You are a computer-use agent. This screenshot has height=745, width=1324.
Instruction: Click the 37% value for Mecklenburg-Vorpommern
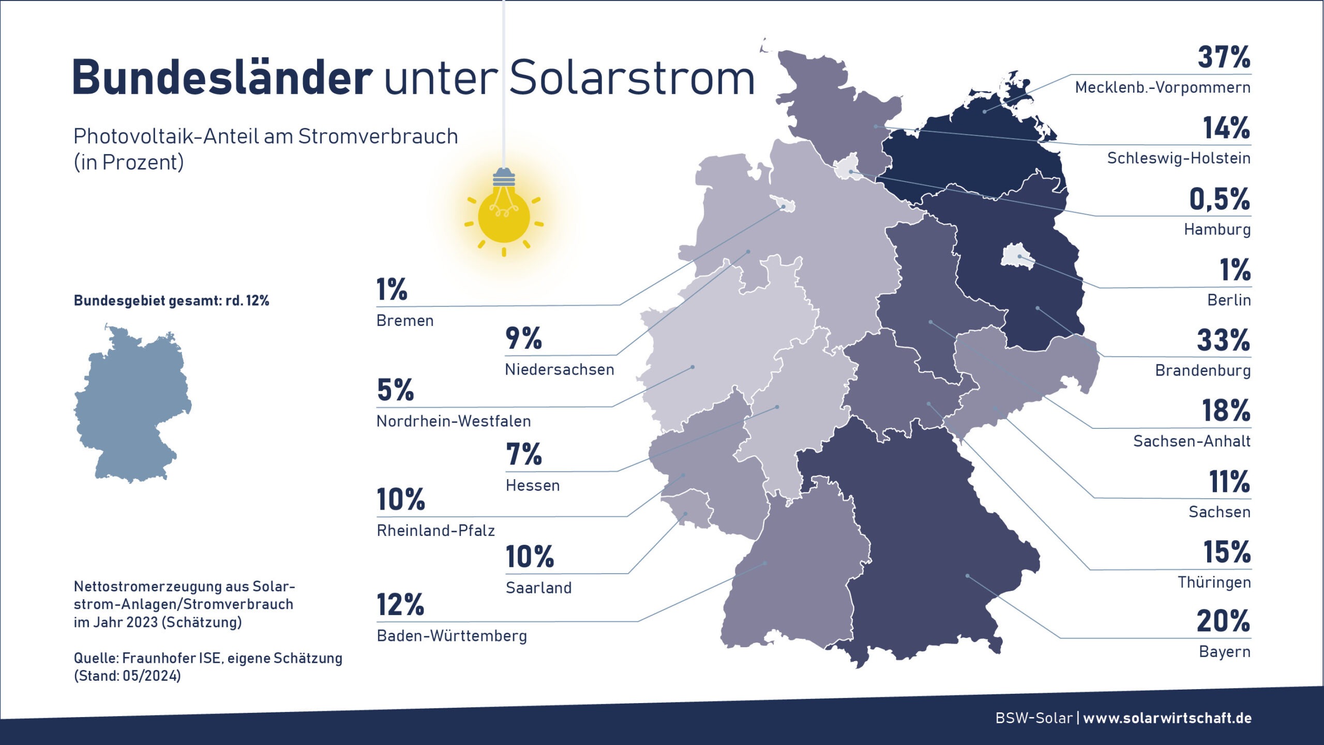coord(1224,57)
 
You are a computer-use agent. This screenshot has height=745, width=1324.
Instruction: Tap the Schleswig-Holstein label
coord(1178,158)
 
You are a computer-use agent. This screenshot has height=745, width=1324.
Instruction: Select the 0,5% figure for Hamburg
coord(1219,199)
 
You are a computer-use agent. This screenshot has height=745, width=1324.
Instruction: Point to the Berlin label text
coord(1229,300)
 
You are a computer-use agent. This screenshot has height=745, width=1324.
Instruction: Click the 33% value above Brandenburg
coord(1223,340)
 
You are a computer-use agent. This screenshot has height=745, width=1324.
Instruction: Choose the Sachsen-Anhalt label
coord(1192,441)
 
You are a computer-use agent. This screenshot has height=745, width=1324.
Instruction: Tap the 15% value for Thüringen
coord(1226,552)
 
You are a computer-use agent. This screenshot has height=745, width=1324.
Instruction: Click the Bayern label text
coord(1224,652)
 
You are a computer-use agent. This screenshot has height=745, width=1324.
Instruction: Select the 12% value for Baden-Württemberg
coord(400,605)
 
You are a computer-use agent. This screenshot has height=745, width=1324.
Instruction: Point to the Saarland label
coord(538,588)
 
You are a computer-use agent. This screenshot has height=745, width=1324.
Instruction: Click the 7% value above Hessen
coord(523,455)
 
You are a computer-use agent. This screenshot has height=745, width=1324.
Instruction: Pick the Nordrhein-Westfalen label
coord(454,422)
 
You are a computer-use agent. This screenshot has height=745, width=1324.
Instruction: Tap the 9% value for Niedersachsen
coord(523,338)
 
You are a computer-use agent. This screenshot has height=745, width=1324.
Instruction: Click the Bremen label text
coord(405,321)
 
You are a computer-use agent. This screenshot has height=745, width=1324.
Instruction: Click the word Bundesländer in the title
coord(222,78)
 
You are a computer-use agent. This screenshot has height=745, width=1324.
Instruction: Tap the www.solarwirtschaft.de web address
coord(1167,718)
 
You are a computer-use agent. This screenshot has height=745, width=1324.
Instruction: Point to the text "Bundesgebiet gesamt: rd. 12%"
coord(171,301)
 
